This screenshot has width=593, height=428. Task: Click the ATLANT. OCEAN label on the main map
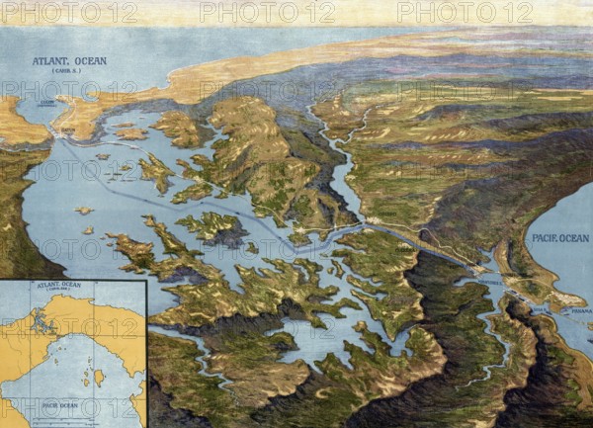click(69, 61)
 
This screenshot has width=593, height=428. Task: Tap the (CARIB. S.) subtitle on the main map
click(68, 71)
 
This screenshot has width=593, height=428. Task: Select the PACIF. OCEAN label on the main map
click(559, 238)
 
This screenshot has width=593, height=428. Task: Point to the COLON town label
click(46, 100)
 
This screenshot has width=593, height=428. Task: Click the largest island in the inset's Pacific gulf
click(99, 377)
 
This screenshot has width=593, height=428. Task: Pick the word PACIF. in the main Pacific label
click(545, 238)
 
